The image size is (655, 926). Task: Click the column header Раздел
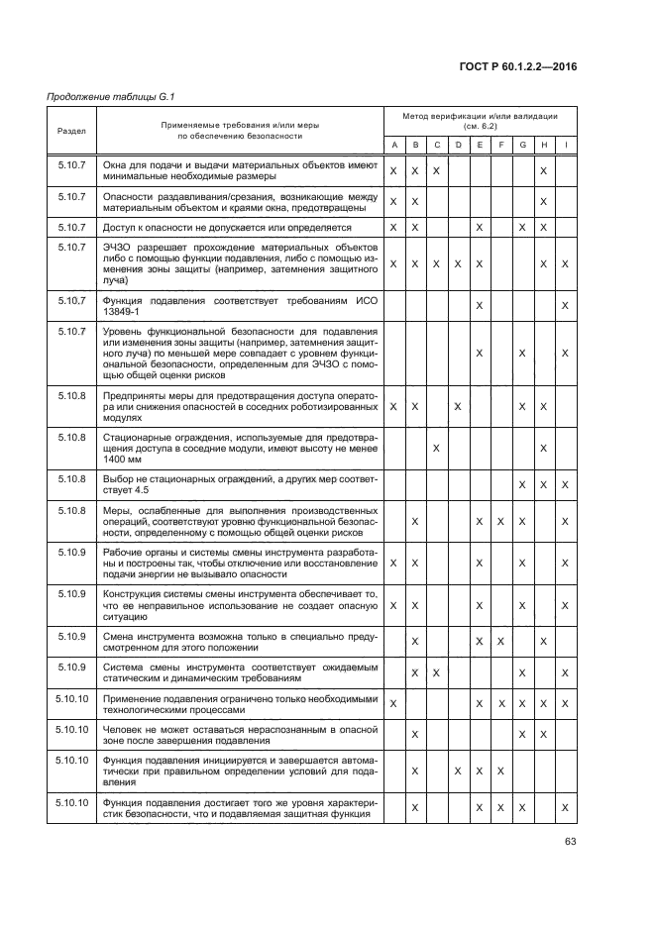coord(70,130)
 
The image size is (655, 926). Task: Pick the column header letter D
coord(458,146)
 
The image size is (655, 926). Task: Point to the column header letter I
coord(565,146)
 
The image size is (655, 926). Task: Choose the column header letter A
coord(393,146)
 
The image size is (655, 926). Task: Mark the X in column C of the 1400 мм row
coord(436,449)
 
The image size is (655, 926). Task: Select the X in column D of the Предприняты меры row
coord(458,406)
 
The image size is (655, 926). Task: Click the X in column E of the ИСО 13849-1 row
coord(480,305)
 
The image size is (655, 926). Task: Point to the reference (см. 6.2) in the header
coord(480,127)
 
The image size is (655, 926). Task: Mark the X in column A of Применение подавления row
coord(393,703)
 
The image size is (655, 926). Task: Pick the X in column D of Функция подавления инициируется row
coord(458,771)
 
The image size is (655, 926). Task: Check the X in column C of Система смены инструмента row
coord(436,673)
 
